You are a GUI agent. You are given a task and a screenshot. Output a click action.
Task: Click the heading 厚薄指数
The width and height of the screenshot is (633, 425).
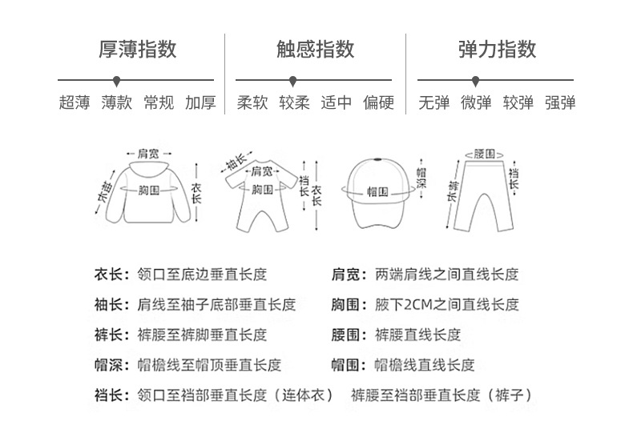(x=137, y=50)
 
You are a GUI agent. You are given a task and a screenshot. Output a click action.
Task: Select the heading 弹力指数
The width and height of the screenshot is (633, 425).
(x=497, y=50)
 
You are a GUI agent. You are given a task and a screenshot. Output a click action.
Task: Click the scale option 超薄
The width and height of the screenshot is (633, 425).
(x=74, y=102)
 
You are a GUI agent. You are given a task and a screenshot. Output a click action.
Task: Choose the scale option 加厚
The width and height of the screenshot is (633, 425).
(x=200, y=102)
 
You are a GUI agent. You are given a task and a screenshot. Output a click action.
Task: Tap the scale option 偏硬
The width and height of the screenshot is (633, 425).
(x=378, y=102)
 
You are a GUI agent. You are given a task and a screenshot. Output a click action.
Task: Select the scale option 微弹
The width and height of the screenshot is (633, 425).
(x=476, y=102)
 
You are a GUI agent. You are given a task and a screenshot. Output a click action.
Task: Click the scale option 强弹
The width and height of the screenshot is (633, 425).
(x=560, y=102)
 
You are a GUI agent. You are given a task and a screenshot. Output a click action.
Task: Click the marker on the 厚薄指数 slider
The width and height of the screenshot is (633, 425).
(x=117, y=81)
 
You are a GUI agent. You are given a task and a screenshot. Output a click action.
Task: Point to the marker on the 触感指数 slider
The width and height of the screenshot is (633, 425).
(x=293, y=81)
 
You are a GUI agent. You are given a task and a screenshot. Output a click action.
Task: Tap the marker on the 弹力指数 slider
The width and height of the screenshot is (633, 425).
(x=476, y=81)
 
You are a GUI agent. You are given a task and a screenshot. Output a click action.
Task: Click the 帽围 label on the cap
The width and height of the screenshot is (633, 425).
(x=377, y=192)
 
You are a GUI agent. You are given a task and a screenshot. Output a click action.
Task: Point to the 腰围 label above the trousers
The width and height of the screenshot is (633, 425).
(x=483, y=152)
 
